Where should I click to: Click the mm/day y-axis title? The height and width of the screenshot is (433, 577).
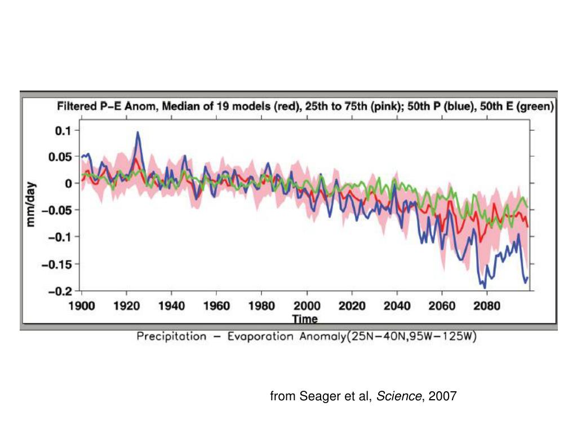click(x=32, y=204)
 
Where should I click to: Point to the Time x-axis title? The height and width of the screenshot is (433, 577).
click(x=304, y=319)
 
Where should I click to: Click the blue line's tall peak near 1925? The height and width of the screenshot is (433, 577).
click(x=137, y=132)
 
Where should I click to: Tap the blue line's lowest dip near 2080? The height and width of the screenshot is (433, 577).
click(x=485, y=288)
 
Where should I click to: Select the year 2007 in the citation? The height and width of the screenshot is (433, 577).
click(x=443, y=397)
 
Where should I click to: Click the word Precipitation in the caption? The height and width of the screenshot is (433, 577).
click(x=171, y=337)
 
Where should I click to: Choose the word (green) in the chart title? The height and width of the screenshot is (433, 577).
click(x=536, y=107)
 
